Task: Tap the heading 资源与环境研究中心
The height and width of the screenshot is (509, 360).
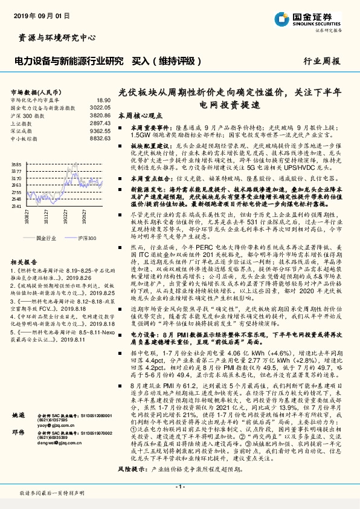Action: [54, 38]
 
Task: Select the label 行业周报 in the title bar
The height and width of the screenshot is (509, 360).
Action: [321, 61]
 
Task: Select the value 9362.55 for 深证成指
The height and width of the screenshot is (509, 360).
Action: [100, 130]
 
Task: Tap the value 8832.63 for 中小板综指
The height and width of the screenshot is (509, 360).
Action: [100, 138]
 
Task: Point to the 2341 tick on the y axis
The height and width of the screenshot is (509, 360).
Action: [16, 206]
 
